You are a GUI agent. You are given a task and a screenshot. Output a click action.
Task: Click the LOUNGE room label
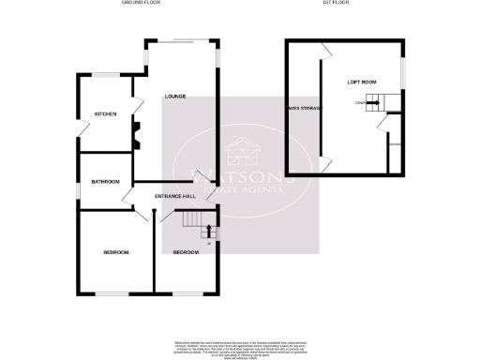[x=174, y=97]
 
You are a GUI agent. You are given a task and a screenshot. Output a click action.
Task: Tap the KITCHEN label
[x=104, y=114]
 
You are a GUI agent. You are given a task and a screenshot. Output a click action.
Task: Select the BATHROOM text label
[x=105, y=181]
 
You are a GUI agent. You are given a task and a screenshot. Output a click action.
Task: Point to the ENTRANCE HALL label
[x=175, y=196]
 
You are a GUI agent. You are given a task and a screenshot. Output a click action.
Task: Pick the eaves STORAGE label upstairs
[x=305, y=109]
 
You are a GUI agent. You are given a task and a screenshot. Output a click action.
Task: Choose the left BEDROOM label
[x=115, y=253]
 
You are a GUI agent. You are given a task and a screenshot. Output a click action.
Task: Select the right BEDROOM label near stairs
[x=185, y=253]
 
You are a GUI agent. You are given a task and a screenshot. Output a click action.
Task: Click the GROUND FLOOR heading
[x=141, y=4]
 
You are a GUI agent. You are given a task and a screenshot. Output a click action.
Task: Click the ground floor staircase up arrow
[x=207, y=230]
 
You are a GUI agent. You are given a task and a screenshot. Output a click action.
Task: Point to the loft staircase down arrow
[x=373, y=102]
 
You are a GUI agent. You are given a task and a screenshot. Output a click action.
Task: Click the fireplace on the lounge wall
[x=136, y=133]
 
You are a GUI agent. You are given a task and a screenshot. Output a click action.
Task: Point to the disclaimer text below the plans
[x=240, y=348]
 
